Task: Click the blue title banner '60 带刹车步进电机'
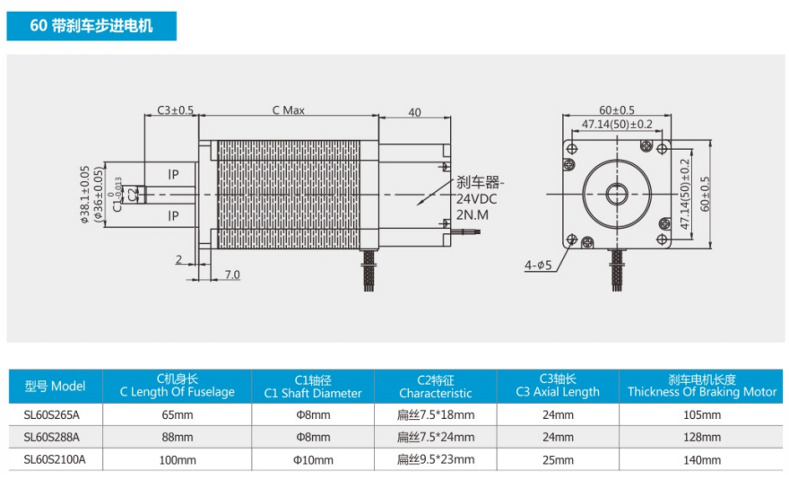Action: click(x=91, y=26)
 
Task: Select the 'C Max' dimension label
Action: click(x=288, y=110)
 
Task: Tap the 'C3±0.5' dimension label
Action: click(x=175, y=110)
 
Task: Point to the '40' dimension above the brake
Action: click(x=414, y=112)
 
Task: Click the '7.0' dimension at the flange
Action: click(x=232, y=275)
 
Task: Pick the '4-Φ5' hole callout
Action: click(x=538, y=265)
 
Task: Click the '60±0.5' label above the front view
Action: click(x=617, y=109)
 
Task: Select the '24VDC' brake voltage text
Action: click(x=476, y=199)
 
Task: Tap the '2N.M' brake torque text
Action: click(x=472, y=215)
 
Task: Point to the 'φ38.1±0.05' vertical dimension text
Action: click(x=84, y=195)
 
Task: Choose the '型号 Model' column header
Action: click(x=56, y=387)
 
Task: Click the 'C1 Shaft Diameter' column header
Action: click(x=313, y=393)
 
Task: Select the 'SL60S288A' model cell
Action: click(x=51, y=437)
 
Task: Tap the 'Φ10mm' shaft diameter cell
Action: click(x=313, y=460)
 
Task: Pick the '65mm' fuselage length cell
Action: click(x=178, y=415)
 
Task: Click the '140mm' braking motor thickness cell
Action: click(x=701, y=460)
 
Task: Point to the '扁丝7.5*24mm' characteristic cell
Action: click(x=435, y=437)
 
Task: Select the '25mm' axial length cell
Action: click(x=558, y=460)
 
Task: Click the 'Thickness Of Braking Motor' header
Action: click(x=701, y=392)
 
